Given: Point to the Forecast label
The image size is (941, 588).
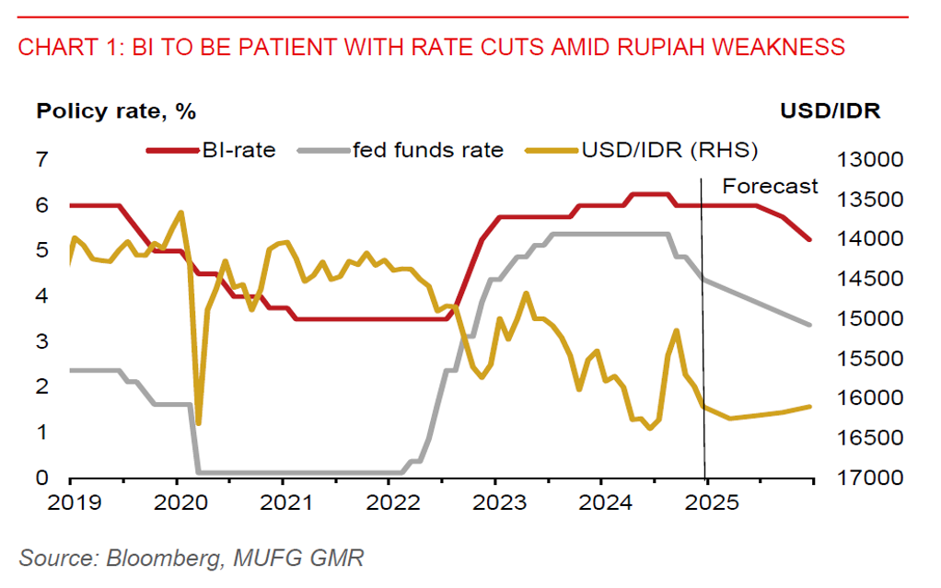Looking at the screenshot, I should click(770, 186).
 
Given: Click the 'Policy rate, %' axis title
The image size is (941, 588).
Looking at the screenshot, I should click(116, 112).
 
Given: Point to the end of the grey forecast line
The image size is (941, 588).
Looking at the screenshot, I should click(809, 325).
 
